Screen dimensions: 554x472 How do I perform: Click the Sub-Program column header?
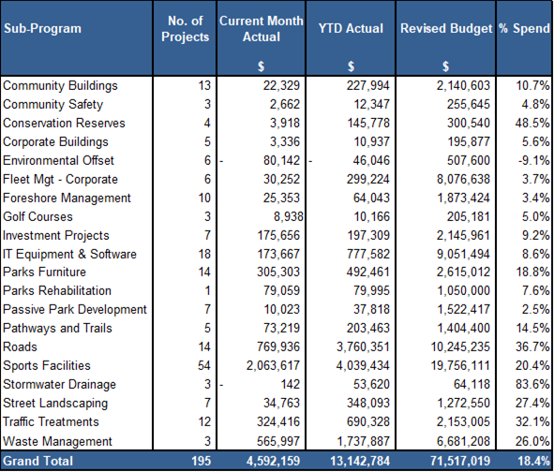(42, 28)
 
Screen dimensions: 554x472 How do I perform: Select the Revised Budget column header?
(446, 28)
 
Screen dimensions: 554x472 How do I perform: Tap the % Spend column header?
(524, 28)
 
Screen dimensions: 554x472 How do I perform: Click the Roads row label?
(20, 347)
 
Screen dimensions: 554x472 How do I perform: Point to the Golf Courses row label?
(37, 216)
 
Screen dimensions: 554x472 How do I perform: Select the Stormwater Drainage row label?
(59, 384)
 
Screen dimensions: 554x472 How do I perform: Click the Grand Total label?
(38, 461)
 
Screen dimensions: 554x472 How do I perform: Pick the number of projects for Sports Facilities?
(204, 365)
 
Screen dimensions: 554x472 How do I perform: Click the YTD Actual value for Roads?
(363, 347)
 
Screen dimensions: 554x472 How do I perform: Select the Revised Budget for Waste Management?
(463, 441)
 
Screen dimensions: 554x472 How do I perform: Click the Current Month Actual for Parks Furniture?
(278, 272)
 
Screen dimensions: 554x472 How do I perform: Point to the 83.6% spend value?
(532, 384)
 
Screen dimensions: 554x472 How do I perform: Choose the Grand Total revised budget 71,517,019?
(460, 461)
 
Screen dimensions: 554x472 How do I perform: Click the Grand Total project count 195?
(201, 461)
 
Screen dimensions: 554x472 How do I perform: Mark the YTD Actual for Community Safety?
(372, 104)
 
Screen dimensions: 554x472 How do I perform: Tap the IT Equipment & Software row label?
(69, 254)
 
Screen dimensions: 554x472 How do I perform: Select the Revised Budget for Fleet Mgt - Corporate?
(463, 179)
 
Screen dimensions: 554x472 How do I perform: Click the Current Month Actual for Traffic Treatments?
(278, 421)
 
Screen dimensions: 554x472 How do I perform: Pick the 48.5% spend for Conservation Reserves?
(532, 123)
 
